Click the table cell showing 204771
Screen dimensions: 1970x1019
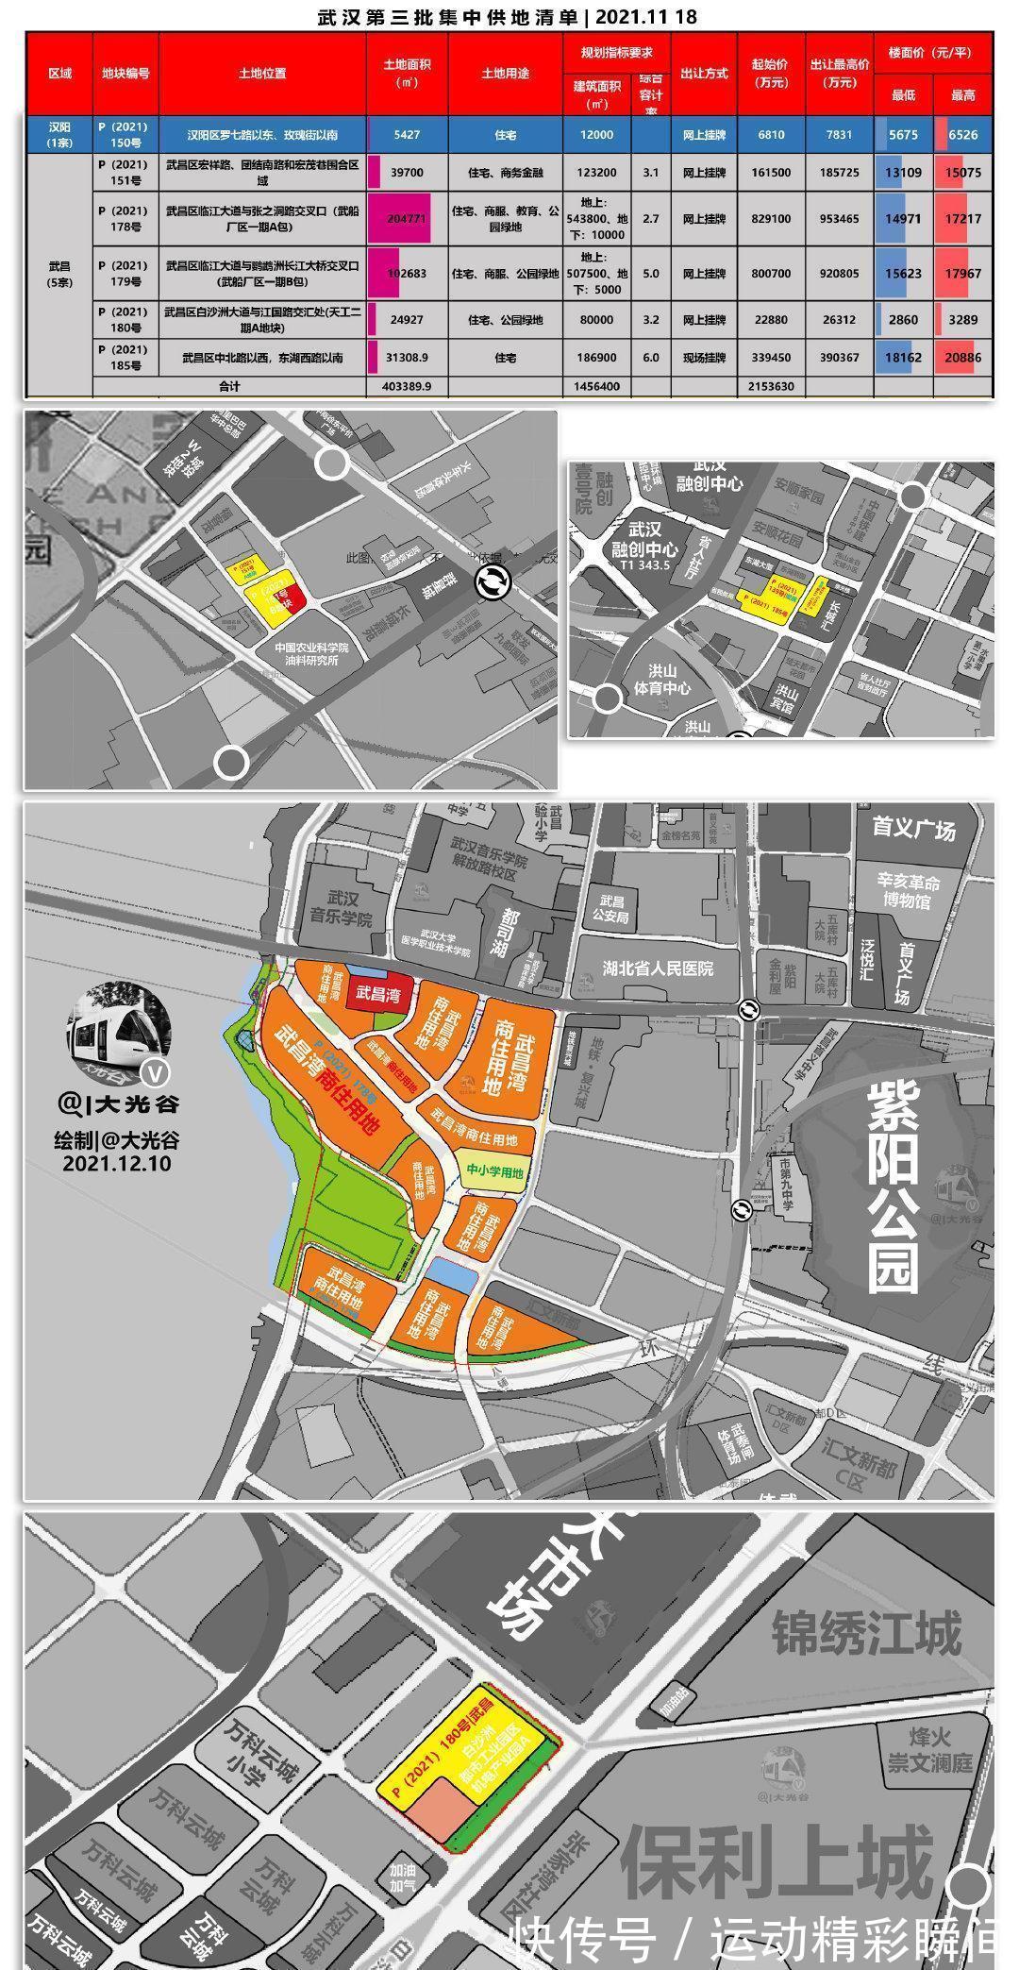point(407,218)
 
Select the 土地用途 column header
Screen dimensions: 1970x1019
point(505,74)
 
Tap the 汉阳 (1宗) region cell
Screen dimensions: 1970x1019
point(59,134)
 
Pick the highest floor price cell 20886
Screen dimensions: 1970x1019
point(962,358)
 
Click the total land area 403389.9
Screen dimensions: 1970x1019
point(407,386)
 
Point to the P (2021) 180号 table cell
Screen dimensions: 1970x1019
point(123,319)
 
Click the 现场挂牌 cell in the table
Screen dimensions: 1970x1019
point(704,358)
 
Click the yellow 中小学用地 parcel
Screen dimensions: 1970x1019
point(494,1171)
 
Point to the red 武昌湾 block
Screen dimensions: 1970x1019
point(376,995)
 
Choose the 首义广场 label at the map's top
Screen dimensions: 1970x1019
point(913,829)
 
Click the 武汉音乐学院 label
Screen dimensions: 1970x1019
point(342,909)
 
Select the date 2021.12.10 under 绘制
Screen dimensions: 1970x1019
point(117,1163)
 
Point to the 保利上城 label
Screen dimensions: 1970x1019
point(777,1861)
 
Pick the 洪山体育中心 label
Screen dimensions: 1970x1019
point(661,680)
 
